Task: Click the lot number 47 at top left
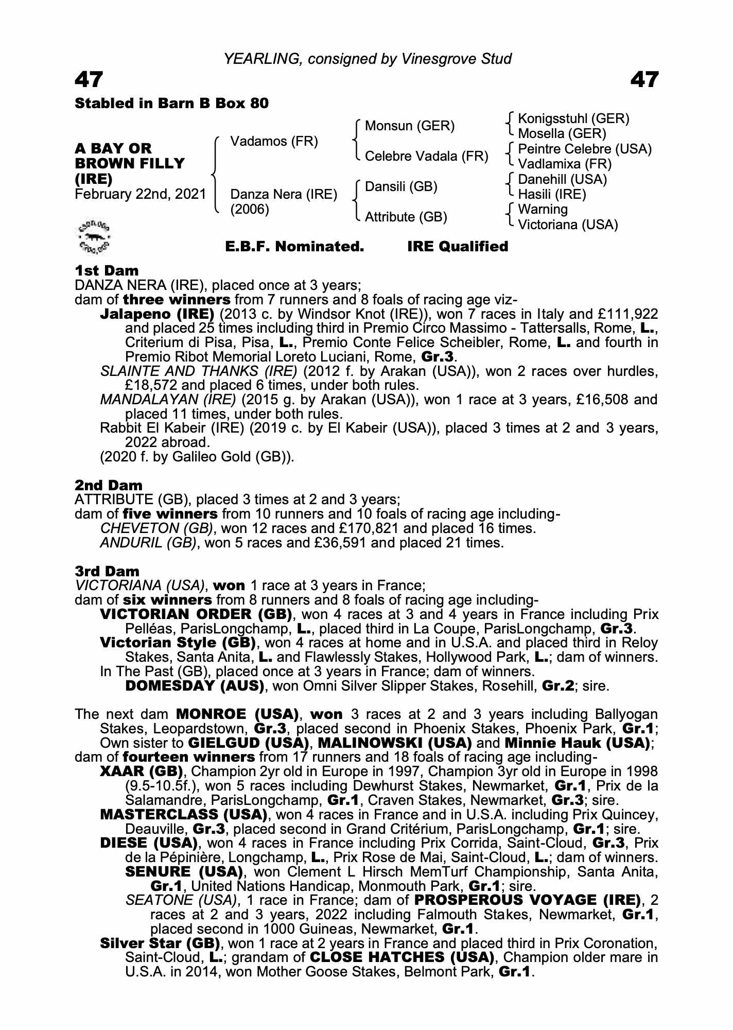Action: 89,80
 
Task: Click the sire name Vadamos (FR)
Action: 274,141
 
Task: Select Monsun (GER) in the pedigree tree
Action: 410,126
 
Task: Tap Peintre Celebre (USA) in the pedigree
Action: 585,149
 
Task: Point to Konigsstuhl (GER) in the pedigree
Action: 573,119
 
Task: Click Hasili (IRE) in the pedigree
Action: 552,194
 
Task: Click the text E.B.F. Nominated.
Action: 294,247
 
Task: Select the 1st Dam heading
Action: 107,270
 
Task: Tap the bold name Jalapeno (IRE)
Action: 157,314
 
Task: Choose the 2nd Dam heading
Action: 109,485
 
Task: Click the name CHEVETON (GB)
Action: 156,528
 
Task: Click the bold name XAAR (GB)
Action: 142,771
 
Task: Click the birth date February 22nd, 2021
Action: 140,195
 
